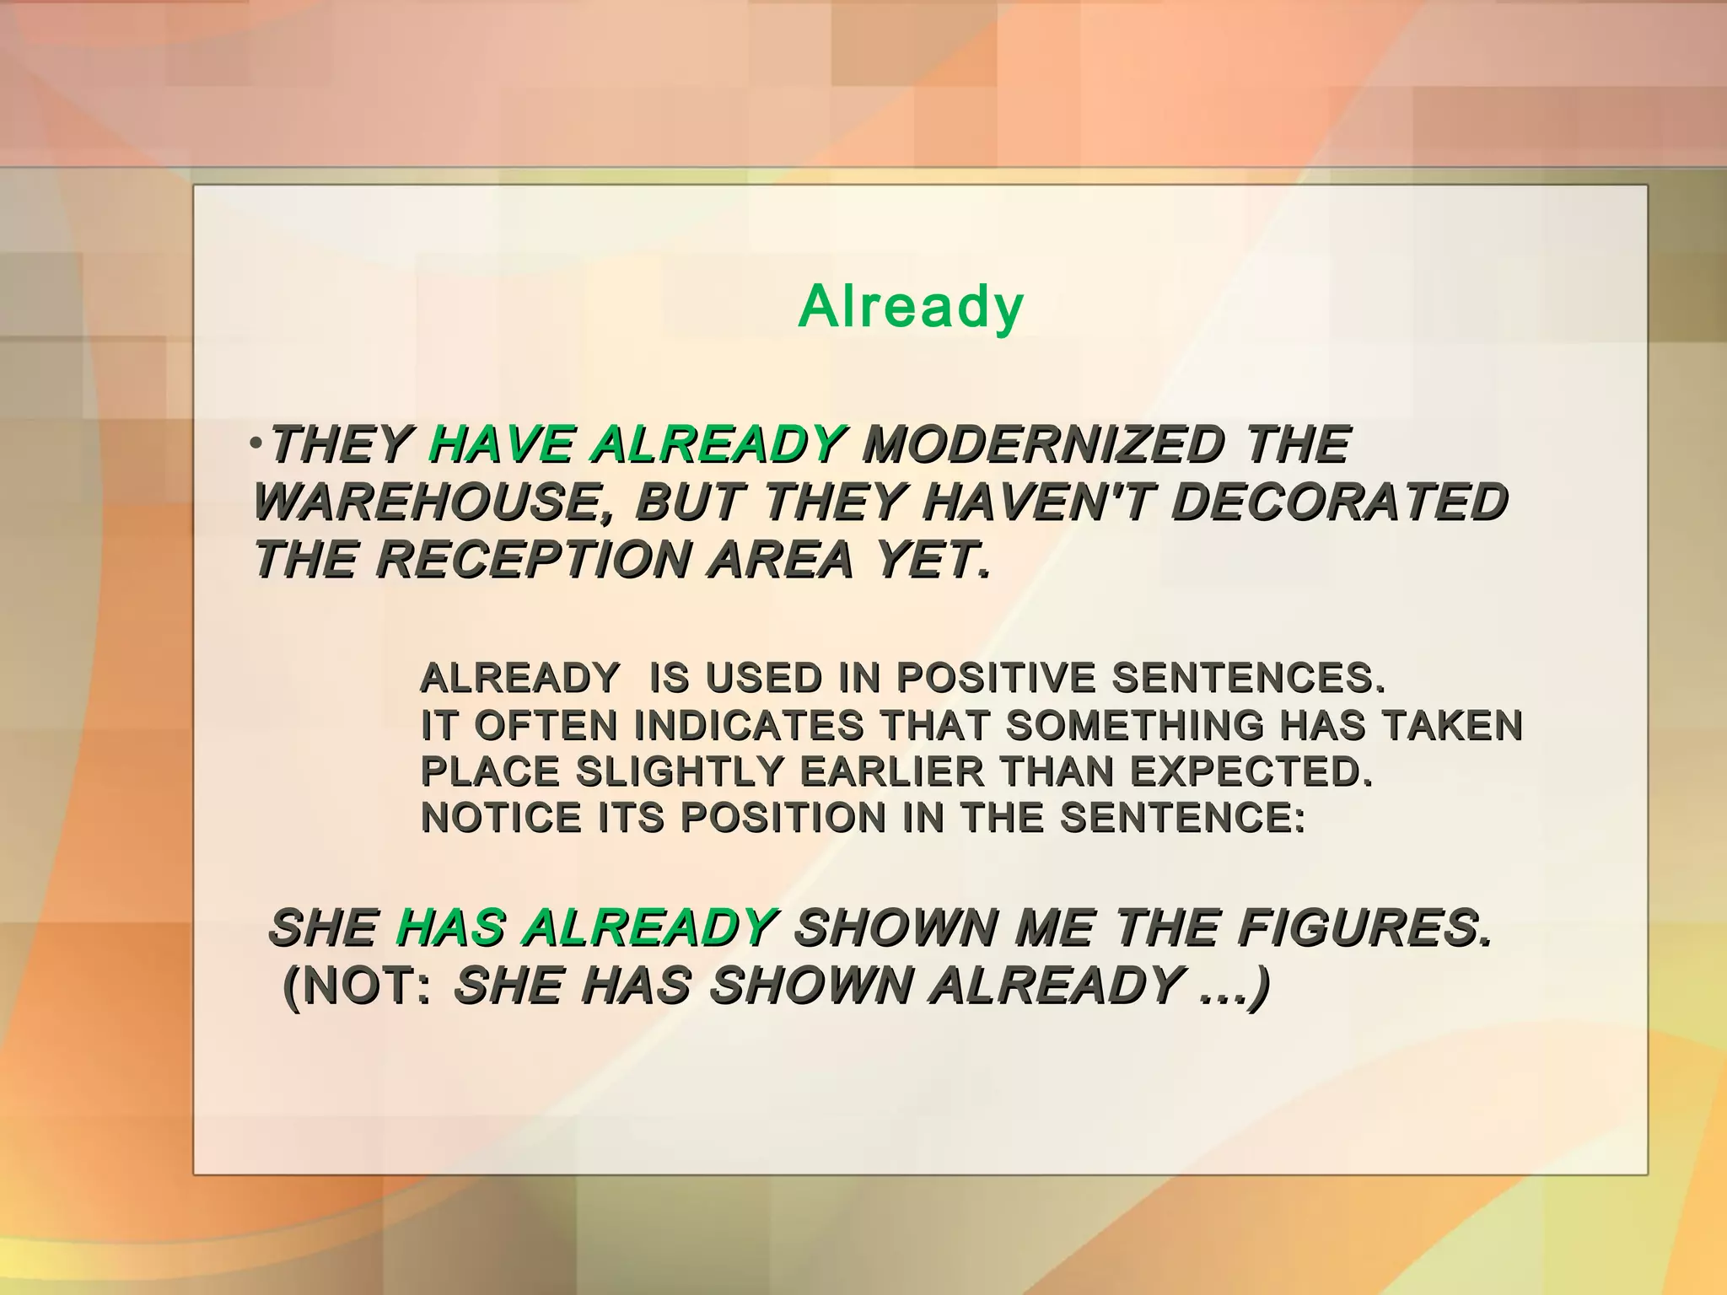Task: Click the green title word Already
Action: tap(910, 307)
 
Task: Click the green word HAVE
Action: tap(501, 444)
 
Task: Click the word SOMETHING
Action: tap(1134, 725)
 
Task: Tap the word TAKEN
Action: tap(1451, 725)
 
